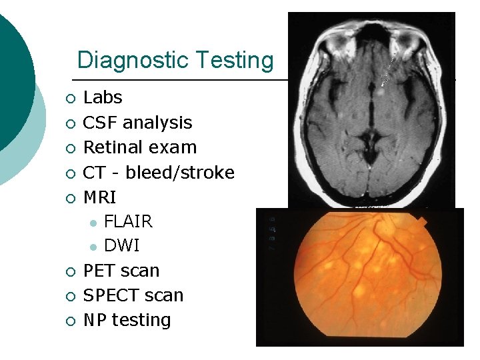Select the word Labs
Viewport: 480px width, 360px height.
(x=103, y=98)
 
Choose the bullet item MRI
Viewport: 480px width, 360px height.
(x=99, y=197)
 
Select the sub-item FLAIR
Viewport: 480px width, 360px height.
(x=128, y=221)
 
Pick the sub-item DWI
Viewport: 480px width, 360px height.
(x=122, y=246)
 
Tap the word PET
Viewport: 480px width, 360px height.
(x=99, y=271)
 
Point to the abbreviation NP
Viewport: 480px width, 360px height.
(x=94, y=321)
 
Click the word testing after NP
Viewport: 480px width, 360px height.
(x=141, y=321)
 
